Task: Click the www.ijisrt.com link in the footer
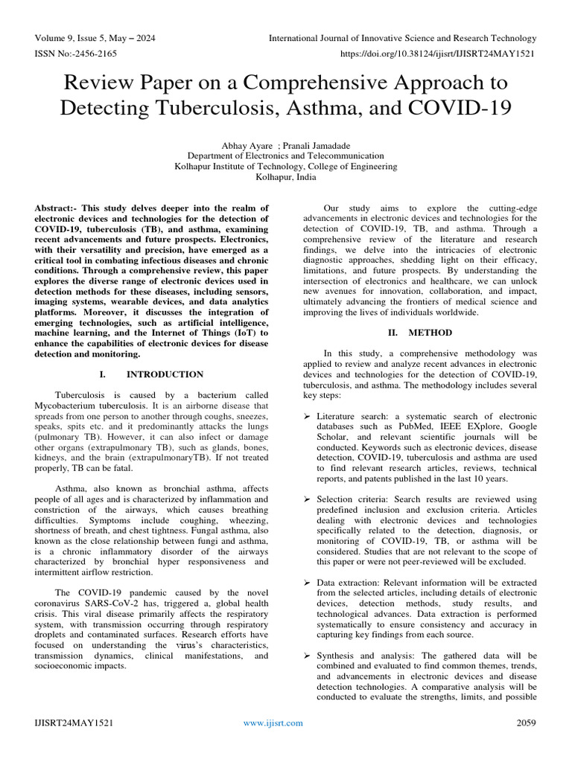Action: pyautogui.click(x=274, y=723)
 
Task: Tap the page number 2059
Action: pyautogui.click(x=527, y=723)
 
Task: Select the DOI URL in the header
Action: pyautogui.click(x=438, y=54)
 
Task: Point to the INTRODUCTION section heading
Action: pyautogui.click(x=165, y=374)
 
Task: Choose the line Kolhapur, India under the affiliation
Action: pyautogui.click(x=286, y=177)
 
